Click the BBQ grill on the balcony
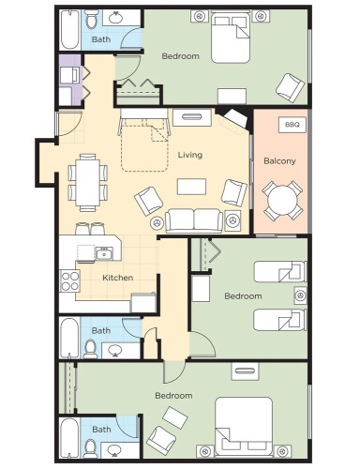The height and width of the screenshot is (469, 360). tap(292, 125)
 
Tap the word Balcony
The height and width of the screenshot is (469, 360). tap(279, 161)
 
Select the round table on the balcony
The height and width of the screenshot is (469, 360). tap(282, 201)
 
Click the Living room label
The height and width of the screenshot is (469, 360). tap(190, 155)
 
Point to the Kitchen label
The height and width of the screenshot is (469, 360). tap(118, 278)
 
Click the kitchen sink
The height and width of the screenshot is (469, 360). tap(104, 253)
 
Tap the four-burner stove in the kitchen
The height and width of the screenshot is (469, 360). tap(69, 280)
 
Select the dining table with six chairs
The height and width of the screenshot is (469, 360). tap(88, 183)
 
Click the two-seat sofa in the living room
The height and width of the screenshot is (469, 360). tap(194, 221)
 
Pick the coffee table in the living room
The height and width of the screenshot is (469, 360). tap(191, 187)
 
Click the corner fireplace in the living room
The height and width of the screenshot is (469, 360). tap(234, 117)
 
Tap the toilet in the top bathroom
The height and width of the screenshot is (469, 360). tap(92, 20)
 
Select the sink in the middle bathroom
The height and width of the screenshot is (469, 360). tap(115, 350)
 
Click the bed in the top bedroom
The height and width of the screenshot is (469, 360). tap(231, 37)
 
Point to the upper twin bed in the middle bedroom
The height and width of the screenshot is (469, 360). tap(280, 272)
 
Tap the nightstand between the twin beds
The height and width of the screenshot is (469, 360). tap(300, 295)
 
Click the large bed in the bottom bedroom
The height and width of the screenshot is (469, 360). tap(244, 427)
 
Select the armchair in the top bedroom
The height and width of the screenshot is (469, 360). tap(290, 88)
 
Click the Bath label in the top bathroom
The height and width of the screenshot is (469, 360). tap(101, 39)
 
